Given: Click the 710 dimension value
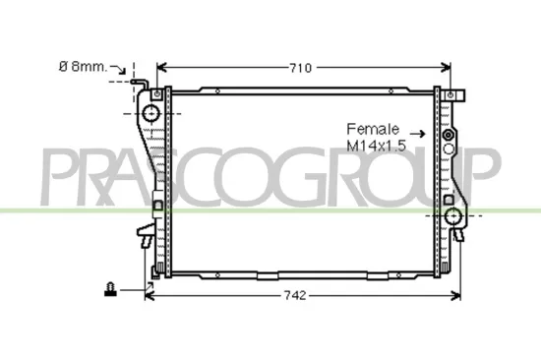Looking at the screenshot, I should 300,68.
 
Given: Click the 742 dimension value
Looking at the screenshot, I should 296,295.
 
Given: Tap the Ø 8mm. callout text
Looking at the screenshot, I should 82,67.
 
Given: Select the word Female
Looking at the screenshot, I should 372,129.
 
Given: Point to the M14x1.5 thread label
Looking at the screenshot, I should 376,145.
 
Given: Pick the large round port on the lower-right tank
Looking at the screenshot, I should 453,216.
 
